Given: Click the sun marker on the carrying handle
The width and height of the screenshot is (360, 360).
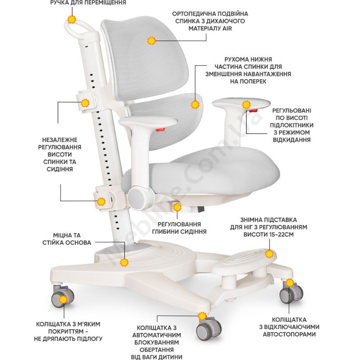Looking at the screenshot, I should tap(71, 19).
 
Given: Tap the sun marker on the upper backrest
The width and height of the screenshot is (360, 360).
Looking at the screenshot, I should tap(151, 41).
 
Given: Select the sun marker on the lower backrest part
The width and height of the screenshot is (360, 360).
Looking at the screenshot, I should tap(195, 104).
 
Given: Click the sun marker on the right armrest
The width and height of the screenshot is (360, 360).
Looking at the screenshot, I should tap(246, 105).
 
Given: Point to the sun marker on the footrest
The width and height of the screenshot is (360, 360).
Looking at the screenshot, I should tap(270, 255).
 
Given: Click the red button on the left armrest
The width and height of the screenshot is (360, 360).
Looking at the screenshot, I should tap(160, 130).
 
